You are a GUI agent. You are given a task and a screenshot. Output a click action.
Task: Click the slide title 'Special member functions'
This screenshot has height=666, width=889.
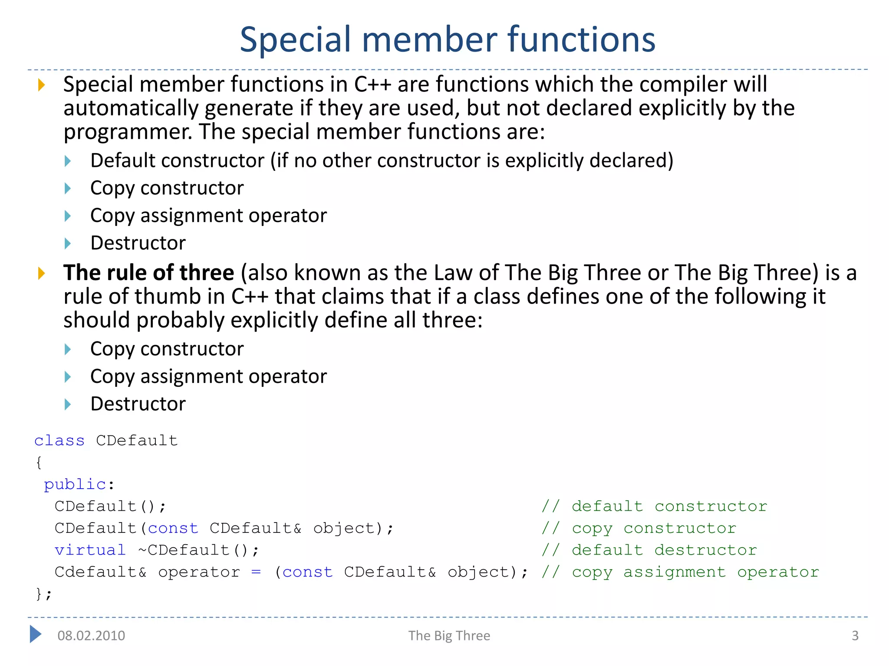pos(448,40)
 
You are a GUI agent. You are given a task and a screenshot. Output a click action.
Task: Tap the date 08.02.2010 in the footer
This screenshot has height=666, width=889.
pos(91,636)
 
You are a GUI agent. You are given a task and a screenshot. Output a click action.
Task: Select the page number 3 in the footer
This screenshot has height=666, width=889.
pos(855,636)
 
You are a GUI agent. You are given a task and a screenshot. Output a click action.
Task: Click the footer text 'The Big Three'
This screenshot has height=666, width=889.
pos(449,636)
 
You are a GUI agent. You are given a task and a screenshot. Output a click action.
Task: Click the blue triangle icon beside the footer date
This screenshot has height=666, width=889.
pos(36,634)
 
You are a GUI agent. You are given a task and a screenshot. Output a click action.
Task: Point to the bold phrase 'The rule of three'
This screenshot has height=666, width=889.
pos(148,273)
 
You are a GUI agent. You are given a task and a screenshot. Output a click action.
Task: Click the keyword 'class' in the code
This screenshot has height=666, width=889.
pos(59,441)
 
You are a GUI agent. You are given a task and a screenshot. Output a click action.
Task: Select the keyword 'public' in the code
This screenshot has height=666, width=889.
pos(75,484)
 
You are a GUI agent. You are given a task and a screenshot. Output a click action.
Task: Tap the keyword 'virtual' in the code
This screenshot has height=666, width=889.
pos(90,550)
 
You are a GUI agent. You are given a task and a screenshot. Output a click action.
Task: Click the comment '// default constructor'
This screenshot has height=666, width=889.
pos(654,506)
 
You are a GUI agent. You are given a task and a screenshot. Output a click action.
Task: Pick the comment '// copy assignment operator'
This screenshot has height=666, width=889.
pos(680,572)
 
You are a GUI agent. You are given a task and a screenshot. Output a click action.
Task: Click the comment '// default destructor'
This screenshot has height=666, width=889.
pos(649,550)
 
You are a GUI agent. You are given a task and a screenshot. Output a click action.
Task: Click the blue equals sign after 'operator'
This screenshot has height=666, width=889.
pos(256,572)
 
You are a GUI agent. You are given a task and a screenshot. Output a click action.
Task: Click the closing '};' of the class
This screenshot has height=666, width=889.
pos(43,594)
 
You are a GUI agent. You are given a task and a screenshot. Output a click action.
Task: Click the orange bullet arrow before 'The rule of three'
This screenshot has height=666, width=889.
pos(42,273)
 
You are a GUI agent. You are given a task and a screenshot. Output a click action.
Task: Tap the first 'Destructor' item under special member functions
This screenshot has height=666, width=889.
pos(138,243)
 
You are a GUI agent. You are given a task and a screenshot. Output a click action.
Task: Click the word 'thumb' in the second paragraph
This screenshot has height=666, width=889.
pos(171,297)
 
